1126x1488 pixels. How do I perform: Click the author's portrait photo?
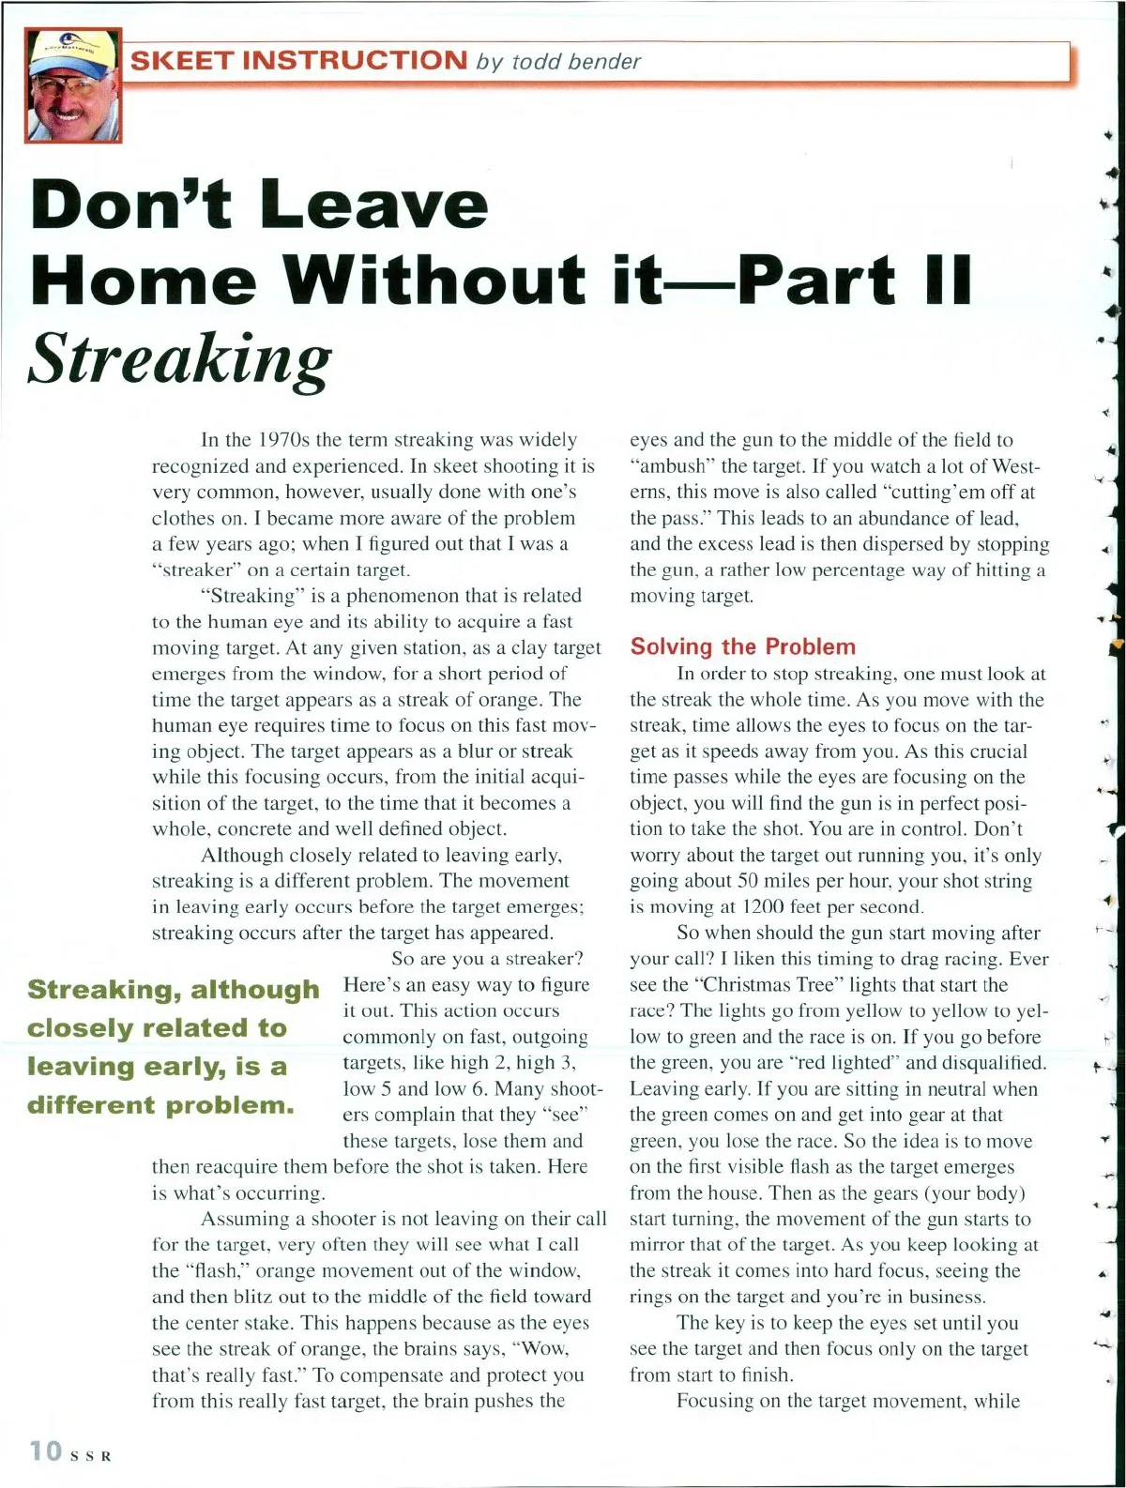(73, 86)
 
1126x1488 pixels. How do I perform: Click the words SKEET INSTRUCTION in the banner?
(298, 62)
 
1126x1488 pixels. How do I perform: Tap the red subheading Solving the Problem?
(742, 646)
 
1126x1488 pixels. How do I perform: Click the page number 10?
(45, 1450)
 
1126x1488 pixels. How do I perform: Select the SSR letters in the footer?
(92, 1456)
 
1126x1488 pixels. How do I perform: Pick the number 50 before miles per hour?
(748, 881)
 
